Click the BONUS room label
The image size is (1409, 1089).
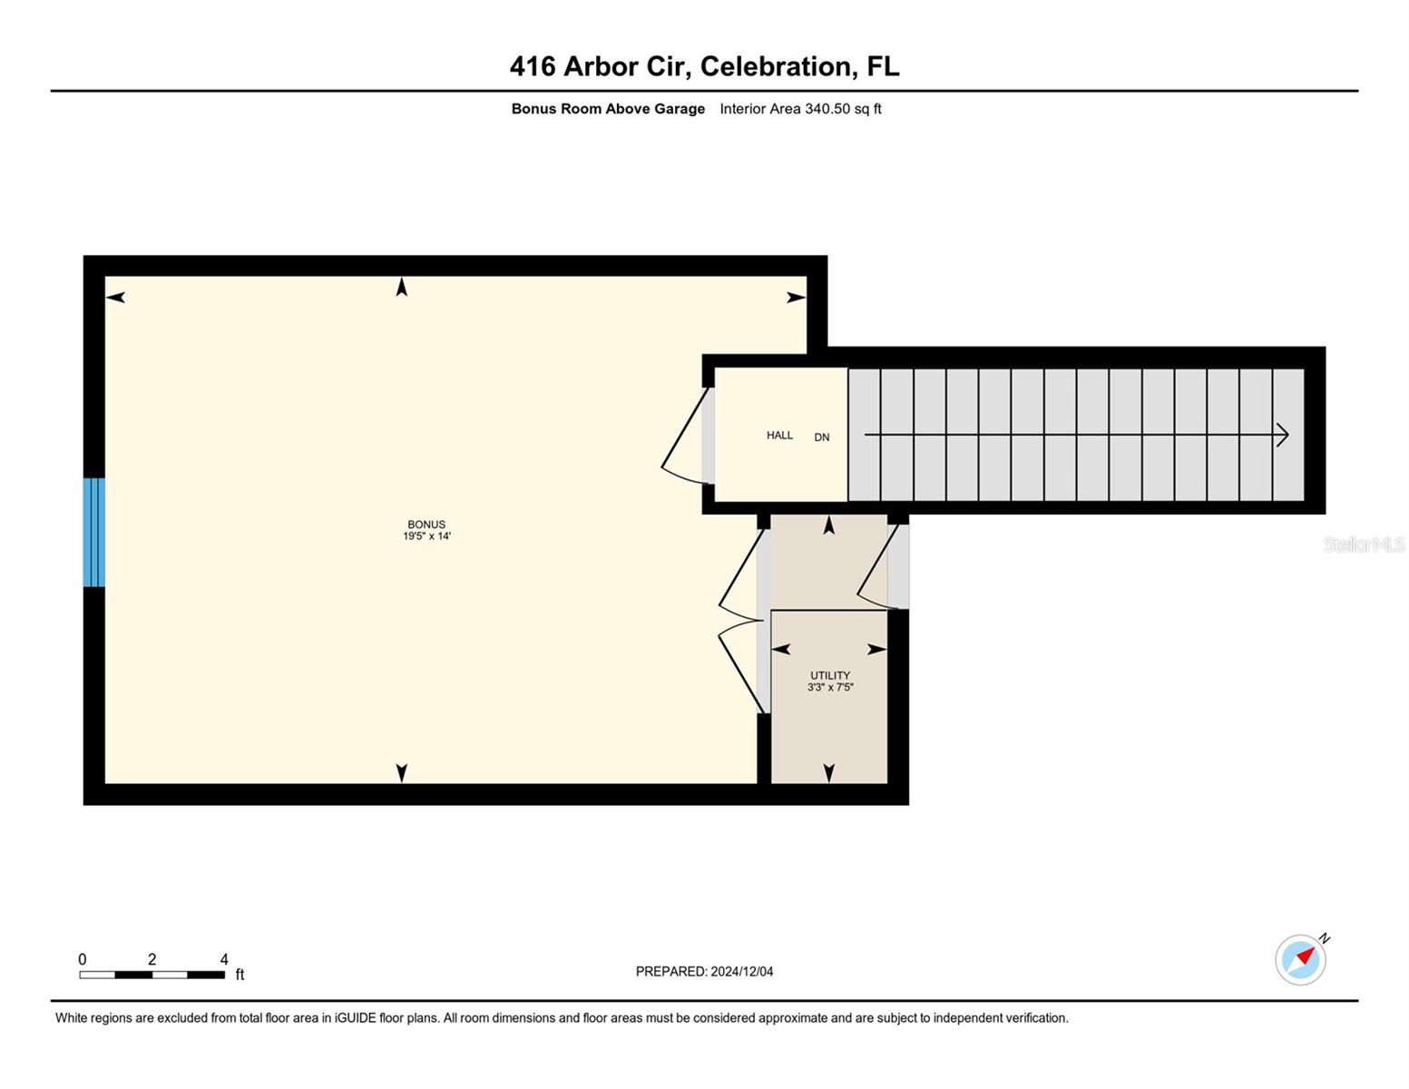426,525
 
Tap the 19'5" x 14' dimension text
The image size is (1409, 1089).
426,536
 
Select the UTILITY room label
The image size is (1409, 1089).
830,676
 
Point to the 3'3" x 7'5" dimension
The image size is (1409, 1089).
830,688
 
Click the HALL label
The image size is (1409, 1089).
779,436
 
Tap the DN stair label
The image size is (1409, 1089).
822,437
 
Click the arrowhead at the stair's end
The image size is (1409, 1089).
1283,435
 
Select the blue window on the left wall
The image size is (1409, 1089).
94,533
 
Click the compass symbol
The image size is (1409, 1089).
1301,958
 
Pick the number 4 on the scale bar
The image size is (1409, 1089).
224,959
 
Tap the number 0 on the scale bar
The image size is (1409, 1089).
83,959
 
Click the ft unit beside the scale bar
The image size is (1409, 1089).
240,975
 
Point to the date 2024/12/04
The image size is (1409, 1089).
742,972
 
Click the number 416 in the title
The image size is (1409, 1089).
532,66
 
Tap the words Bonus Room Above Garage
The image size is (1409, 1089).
608,109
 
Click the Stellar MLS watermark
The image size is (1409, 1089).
1364,544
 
